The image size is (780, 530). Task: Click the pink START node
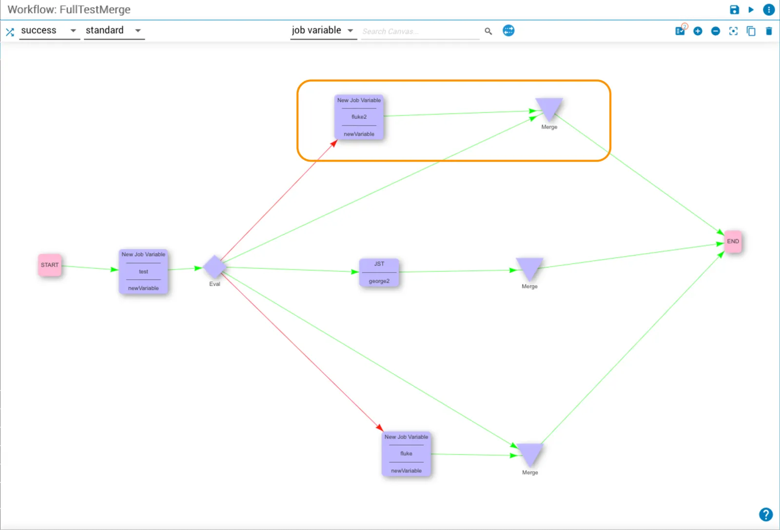tap(50, 265)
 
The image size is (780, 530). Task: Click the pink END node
tap(733, 241)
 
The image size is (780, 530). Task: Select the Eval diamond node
tap(214, 267)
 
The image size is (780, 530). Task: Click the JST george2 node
tap(379, 272)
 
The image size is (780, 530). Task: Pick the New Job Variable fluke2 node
tap(359, 117)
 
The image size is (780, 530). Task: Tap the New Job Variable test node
tap(143, 271)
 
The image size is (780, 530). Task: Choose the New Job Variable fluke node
tap(407, 454)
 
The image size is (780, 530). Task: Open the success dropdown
tap(49, 31)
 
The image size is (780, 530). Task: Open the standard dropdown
tap(114, 31)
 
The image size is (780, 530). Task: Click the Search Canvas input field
tap(420, 31)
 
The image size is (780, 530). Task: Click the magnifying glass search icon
tap(488, 31)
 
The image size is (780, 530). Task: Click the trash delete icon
tap(769, 31)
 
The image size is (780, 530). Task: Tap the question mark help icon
tap(766, 514)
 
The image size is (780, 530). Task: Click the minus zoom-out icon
tap(715, 31)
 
